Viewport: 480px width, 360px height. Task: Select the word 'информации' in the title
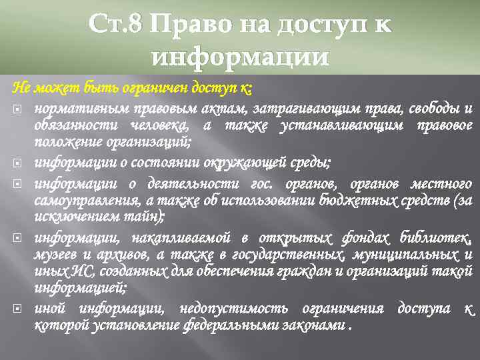pos(240,57)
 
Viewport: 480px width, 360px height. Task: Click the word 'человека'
pos(160,125)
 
